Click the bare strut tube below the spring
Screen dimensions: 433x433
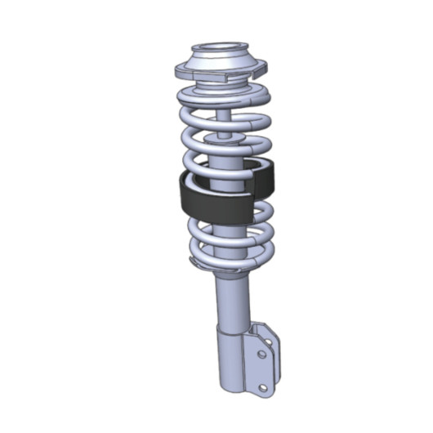point(228,298)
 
